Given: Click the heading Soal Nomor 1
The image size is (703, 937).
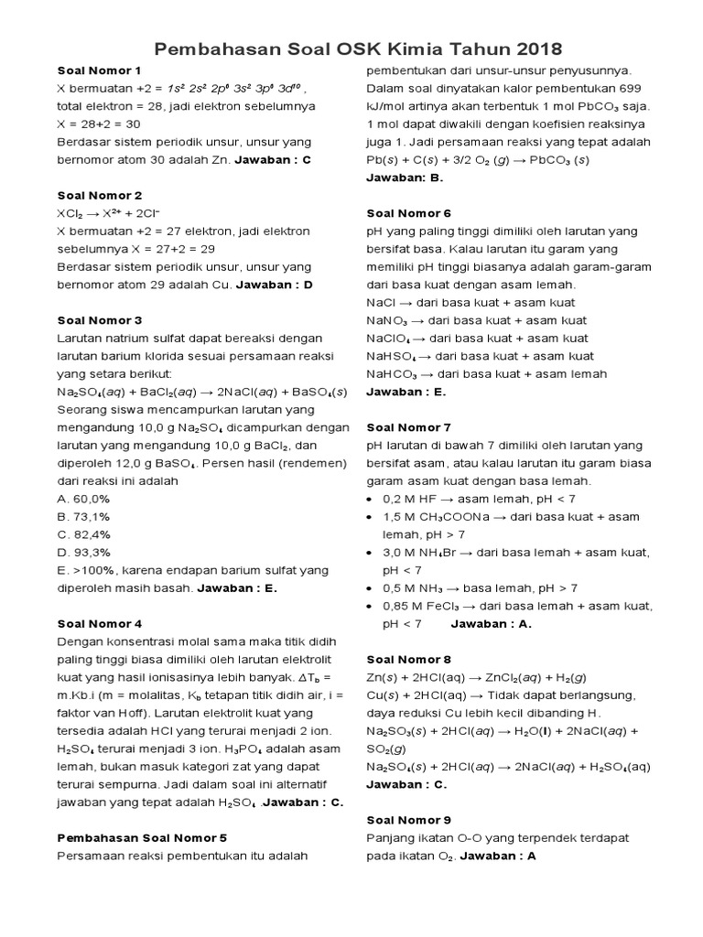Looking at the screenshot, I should coord(100,70).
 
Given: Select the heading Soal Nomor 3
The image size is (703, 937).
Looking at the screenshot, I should coord(100,320).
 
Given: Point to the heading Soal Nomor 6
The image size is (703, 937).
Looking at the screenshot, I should coord(409,213).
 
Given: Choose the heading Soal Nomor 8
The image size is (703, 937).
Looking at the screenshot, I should coord(409,659).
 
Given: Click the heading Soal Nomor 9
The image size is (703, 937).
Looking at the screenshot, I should coord(409,820).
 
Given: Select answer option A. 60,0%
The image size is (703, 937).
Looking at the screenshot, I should coord(83,499).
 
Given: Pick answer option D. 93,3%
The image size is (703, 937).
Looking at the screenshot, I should coord(83,552).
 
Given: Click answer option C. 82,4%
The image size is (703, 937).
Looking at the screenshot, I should coord(83,534).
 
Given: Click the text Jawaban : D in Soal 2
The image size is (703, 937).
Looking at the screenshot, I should coord(275,285).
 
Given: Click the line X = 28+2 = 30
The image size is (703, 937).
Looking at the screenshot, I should coord(99,124).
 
